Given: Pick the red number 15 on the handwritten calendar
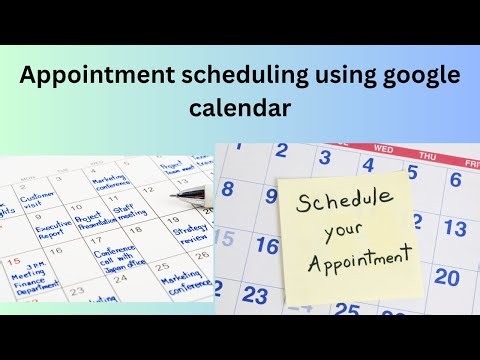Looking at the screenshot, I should pyautogui.click(x=13, y=262).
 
